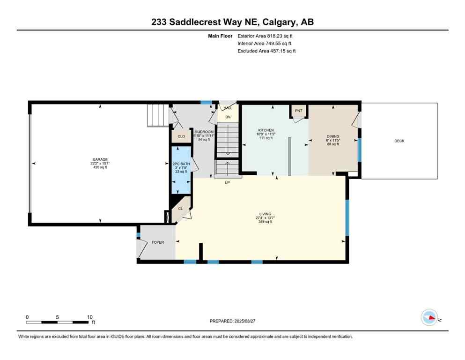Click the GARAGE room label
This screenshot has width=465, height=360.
point(100,159)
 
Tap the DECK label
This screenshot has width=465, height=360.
point(399,141)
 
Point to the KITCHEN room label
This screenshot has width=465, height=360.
point(266,130)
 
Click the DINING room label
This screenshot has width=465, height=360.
point(333,136)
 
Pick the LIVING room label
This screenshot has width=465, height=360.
point(265,214)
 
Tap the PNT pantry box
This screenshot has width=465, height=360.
point(299,111)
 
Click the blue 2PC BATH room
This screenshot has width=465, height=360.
point(181,170)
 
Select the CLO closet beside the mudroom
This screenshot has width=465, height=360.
point(181,136)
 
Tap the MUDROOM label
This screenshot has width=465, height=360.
point(204,132)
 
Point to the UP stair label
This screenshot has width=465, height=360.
point(227,182)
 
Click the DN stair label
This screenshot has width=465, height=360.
point(228,117)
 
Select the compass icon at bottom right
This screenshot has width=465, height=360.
point(429,318)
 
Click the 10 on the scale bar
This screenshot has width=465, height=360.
point(89,317)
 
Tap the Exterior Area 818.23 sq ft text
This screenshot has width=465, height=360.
point(266,36)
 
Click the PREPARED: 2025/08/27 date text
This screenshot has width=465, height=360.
point(232,321)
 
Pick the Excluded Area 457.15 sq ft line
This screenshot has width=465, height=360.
point(266,51)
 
